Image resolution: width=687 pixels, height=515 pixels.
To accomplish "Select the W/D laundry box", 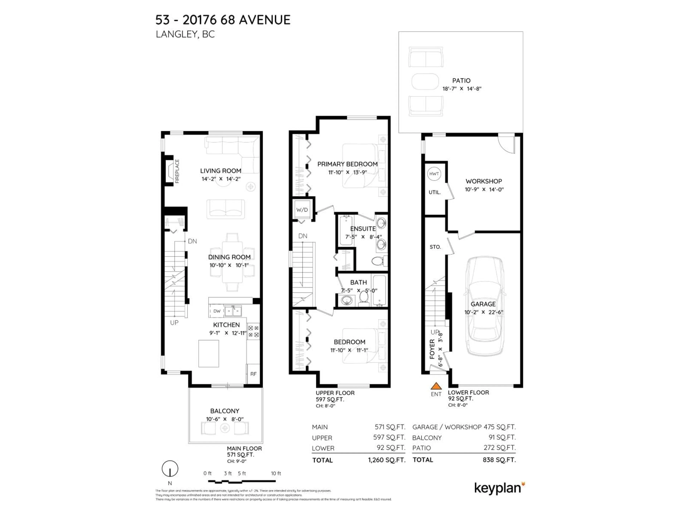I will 302,210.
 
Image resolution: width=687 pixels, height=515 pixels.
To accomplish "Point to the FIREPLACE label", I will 177,171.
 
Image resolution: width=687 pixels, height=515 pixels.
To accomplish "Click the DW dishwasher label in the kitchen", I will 217,311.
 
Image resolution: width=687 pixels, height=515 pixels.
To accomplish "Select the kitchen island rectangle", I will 209,354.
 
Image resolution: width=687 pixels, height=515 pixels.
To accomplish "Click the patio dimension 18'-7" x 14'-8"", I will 462,89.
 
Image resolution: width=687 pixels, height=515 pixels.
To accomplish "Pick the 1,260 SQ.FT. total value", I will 387,460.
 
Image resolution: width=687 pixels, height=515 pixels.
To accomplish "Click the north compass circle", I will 170,469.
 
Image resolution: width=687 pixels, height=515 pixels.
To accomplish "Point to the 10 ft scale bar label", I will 276,473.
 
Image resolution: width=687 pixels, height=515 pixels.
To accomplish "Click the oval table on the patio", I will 425,82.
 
